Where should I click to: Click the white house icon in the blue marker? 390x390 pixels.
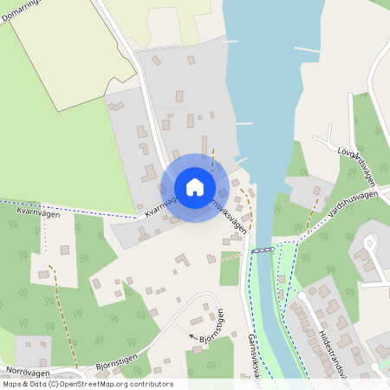tap(195, 187)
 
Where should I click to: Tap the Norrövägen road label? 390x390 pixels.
tap(21, 369)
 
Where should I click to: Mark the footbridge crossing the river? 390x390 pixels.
tap(263, 250)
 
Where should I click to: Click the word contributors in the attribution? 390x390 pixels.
tap(149, 384)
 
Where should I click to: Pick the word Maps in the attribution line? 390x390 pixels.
tap(12, 384)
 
